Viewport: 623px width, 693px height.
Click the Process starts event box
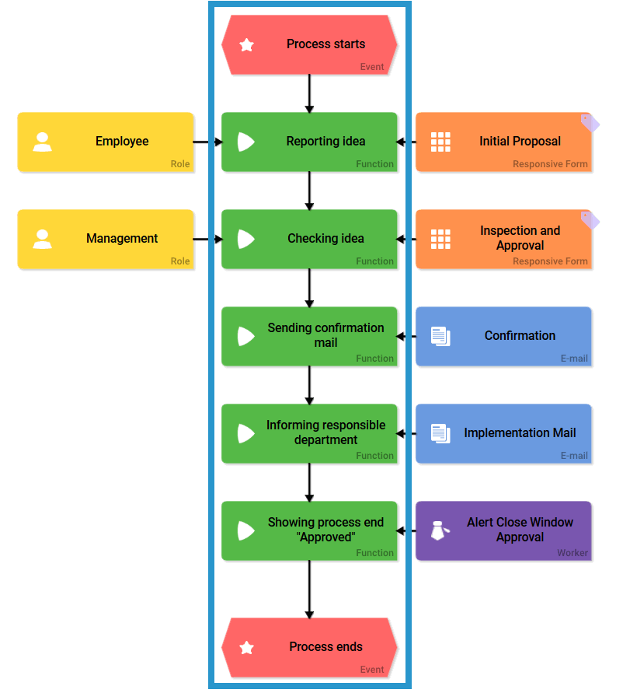click(x=309, y=44)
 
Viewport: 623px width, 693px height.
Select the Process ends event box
click(x=309, y=647)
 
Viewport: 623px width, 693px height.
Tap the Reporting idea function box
click(x=309, y=142)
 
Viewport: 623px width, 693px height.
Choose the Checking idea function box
click(x=309, y=239)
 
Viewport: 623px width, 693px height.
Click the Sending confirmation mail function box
click(x=309, y=336)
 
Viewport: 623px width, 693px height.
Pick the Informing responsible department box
click(x=309, y=433)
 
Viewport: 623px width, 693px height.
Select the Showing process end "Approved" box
click(x=309, y=530)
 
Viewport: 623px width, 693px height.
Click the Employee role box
click(x=106, y=142)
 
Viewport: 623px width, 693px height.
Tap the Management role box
click(x=106, y=239)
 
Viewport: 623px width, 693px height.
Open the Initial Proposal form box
click(x=503, y=142)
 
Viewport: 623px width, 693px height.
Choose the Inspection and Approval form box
click(x=503, y=239)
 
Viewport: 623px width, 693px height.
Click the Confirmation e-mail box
click(x=503, y=336)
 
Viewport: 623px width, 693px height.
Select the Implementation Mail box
click(x=503, y=433)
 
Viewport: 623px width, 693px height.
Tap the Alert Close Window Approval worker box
click(x=503, y=530)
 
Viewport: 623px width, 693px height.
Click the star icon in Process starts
click(x=247, y=45)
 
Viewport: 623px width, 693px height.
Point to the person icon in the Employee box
click(x=43, y=142)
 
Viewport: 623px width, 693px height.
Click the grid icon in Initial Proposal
click(x=440, y=142)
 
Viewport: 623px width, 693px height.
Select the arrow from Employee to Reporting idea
click(x=207, y=142)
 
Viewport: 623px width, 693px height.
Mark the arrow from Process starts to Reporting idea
click(x=309, y=93)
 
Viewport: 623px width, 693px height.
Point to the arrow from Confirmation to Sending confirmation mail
click(x=406, y=337)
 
